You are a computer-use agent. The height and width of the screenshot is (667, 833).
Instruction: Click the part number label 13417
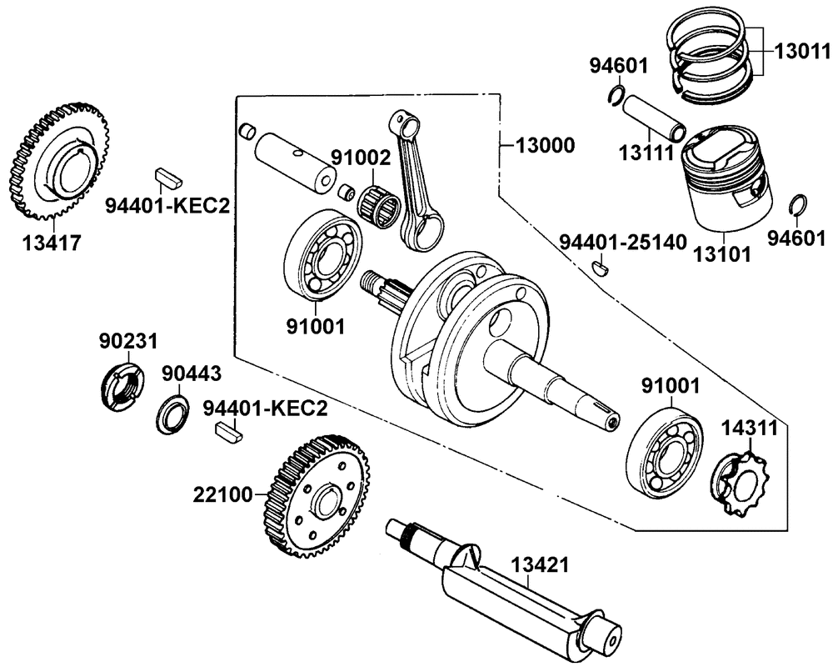click(x=52, y=243)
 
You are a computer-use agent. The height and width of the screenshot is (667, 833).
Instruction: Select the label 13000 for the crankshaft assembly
click(x=545, y=146)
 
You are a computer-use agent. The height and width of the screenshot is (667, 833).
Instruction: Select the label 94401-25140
click(x=622, y=242)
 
